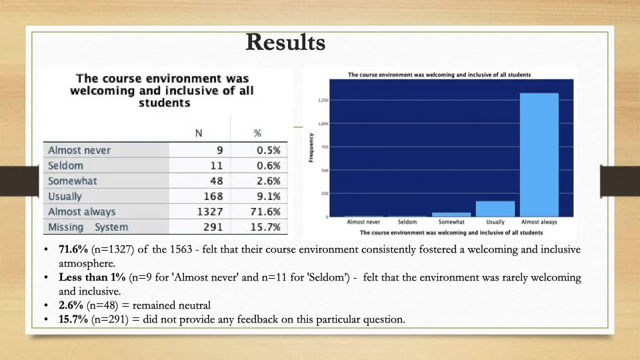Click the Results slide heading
[x=285, y=42]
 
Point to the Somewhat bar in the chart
[x=451, y=214]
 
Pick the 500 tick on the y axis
[x=324, y=170]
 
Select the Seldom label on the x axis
[x=407, y=221]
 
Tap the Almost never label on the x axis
[x=363, y=221]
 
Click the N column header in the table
[x=198, y=133]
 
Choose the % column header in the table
[x=257, y=133]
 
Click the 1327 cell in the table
[x=209, y=212]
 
